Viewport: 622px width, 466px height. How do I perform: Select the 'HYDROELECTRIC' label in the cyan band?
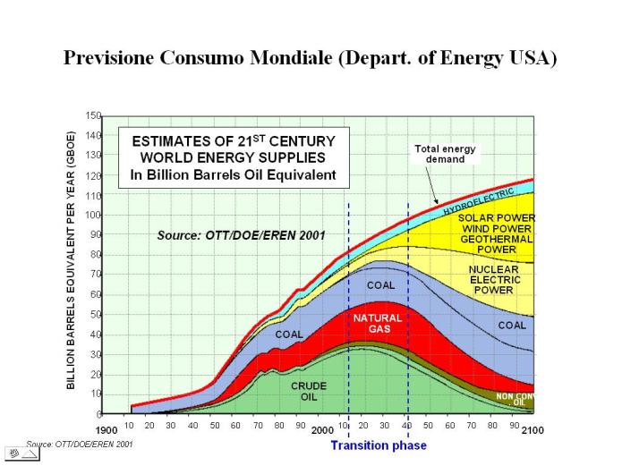pyautogui.click(x=479, y=201)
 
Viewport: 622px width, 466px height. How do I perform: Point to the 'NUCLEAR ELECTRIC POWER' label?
pyautogui.click(x=493, y=279)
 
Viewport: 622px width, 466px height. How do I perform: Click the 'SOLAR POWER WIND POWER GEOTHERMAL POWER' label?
pyautogui.click(x=496, y=233)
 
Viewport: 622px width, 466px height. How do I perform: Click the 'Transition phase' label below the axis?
pyautogui.click(x=379, y=445)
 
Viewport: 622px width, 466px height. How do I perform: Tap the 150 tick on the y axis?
pyautogui.click(x=93, y=116)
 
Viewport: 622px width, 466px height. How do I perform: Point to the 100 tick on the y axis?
pyautogui.click(x=93, y=216)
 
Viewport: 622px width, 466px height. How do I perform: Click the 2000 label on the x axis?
pyautogui.click(x=322, y=430)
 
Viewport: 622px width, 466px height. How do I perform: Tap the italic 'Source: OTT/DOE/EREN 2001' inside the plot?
pyautogui.click(x=241, y=235)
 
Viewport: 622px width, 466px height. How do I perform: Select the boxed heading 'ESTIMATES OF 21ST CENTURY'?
pyautogui.click(x=233, y=141)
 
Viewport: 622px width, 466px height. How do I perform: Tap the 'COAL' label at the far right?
pyautogui.click(x=512, y=326)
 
